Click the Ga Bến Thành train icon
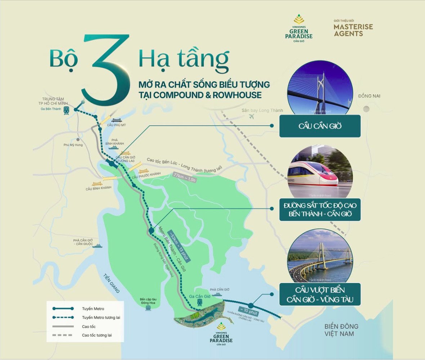click(66, 111)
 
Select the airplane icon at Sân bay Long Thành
click(251, 117)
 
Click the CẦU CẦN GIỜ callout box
click(320, 126)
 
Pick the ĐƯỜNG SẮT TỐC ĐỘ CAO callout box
click(320, 210)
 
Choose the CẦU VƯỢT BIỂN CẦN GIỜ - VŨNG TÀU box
click(320, 294)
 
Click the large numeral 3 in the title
click(106, 68)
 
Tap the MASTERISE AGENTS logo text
click(353, 30)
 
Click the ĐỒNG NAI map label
click(369, 96)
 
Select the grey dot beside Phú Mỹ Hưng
click(78, 139)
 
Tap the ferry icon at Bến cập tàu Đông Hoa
click(148, 309)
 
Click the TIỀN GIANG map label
click(111, 283)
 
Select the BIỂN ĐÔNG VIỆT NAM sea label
click(341, 330)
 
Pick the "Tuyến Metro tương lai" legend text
click(101, 318)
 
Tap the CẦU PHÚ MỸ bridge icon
click(116, 120)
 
